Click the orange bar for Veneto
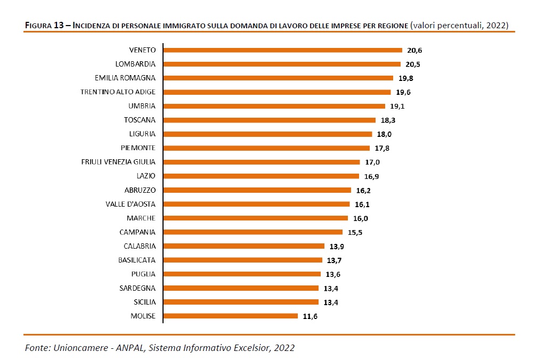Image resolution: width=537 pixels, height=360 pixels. [x=282, y=50]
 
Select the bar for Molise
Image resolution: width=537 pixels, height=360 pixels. [x=230, y=316]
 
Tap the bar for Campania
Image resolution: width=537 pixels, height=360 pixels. [x=253, y=232]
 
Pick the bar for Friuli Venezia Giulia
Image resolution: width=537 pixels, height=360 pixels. [x=262, y=162]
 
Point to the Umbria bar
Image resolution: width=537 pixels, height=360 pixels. [x=274, y=106]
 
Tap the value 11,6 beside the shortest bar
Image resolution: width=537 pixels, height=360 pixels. [x=311, y=316]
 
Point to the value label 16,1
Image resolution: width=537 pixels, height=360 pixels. [x=363, y=204]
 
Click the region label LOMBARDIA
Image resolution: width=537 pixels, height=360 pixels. [x=135, y=64]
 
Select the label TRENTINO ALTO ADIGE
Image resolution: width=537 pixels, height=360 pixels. [x=118, y=92]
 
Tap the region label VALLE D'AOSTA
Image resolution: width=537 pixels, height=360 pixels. [x=131, y=204]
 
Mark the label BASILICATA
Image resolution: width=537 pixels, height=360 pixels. [x=137, y=260]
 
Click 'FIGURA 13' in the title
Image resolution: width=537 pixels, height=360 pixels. [x=46, y=25]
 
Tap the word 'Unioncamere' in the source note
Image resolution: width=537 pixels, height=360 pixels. [x=76, y=348]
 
